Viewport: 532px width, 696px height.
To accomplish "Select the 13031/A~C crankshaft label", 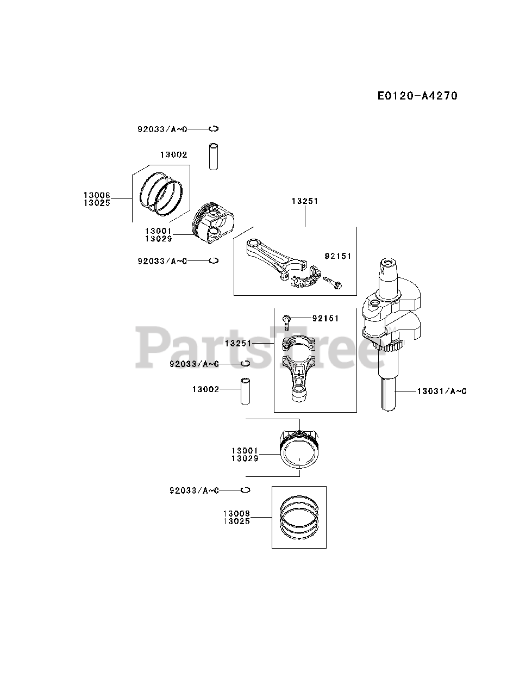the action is click(x=442, y=391).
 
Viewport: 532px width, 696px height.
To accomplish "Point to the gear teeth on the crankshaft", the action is click(x=389, y=346).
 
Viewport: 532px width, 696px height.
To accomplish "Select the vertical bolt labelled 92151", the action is click(x=287, y=321).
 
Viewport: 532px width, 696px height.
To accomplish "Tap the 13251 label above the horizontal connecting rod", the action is click(x=305, y=201).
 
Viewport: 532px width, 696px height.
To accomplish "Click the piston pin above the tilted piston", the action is click(x=214, y=156).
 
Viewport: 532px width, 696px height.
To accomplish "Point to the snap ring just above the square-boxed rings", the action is click(x=246, y=490).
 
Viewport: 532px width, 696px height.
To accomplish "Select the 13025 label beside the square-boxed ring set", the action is click(x=236, y=521).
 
